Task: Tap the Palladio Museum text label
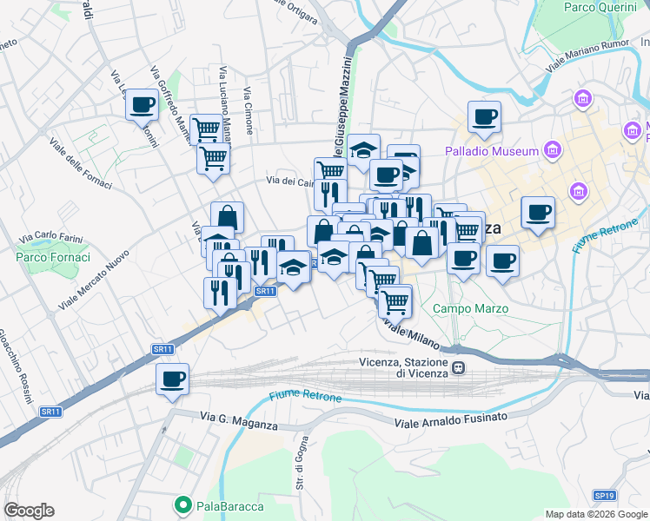[x=492, y=151]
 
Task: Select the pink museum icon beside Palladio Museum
[x=551, y=151]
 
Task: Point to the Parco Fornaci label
[x=53, y=257]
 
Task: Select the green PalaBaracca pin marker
[x=182, y=504]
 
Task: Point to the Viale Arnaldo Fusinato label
[x=451, y=419]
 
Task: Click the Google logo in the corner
[x=29, y=511]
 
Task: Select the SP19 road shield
[x=604, y=495]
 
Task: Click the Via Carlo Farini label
[x=50, y=234]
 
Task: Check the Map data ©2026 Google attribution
[x=595, y=514]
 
